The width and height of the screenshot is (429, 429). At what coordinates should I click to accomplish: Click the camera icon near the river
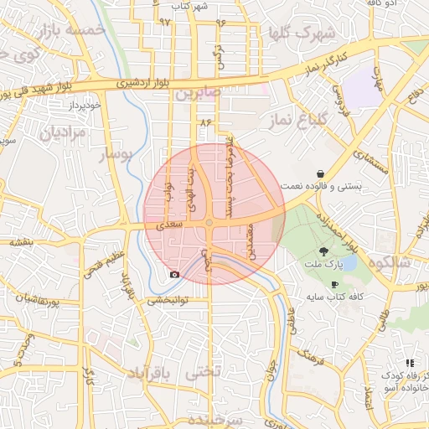[174, 274]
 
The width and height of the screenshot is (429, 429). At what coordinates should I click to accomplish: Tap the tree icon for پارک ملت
[324, 251]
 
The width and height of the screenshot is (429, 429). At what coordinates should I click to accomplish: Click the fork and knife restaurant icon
[410, 363]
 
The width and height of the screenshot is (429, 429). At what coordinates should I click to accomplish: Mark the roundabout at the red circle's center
[208, 222]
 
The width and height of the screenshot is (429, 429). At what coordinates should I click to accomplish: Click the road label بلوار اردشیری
[146, 83]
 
